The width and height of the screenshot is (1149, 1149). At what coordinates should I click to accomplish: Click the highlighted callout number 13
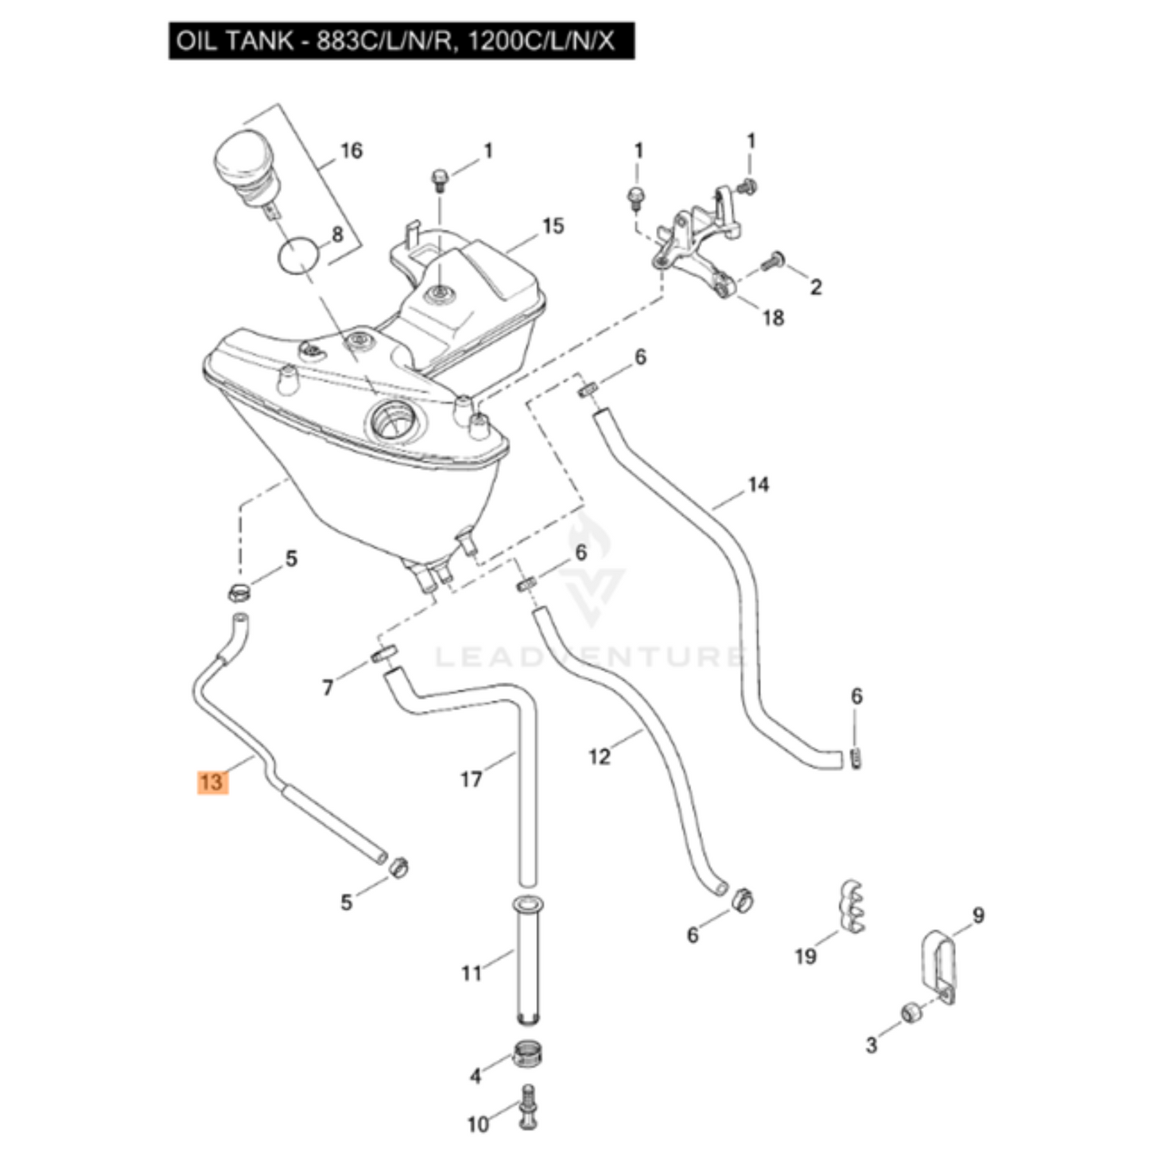point(212,782)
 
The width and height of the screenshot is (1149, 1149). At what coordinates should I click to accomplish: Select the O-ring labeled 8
point(299,256)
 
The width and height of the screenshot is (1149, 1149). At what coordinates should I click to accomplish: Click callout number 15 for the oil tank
point(553,226)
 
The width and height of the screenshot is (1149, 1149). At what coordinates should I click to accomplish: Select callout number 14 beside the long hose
point(759,484)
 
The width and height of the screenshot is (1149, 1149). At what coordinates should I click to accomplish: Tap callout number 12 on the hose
point(600,755)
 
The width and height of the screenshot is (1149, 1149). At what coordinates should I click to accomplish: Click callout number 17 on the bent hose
point(472,778)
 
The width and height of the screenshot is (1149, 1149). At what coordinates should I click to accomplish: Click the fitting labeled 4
point(525,1057)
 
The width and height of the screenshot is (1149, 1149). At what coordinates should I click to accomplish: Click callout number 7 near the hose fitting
point(328,687)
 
